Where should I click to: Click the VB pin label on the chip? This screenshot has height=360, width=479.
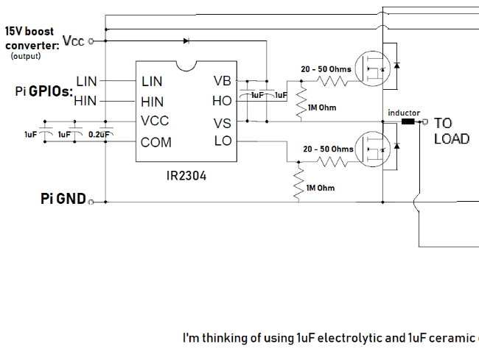click(x=222, y=80)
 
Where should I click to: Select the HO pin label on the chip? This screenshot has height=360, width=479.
click(x=222, y=101)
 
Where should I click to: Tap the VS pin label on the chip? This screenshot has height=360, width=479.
click(x=222, y=121)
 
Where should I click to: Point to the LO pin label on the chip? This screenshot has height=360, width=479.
click(x=223, y=141)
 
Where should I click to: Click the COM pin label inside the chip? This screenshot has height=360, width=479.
click(x=155, y=141)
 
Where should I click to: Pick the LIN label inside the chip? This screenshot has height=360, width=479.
click(x=151, y=80)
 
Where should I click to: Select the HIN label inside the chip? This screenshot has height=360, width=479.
click(x=152, y=101)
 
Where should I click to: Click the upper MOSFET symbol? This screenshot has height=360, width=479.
click(x=372, y=68)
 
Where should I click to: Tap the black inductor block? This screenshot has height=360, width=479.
click(x=408, y=122)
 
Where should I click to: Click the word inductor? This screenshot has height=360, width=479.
click(x=404, y=113)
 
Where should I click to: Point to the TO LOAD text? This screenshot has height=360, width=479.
click(x=451, y=131)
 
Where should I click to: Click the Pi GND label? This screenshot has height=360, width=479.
click(x=63, y=200)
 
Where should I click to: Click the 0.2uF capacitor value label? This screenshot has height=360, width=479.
click(x=99, y=135)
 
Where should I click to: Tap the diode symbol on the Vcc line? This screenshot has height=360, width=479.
click(x=186, y=40)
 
